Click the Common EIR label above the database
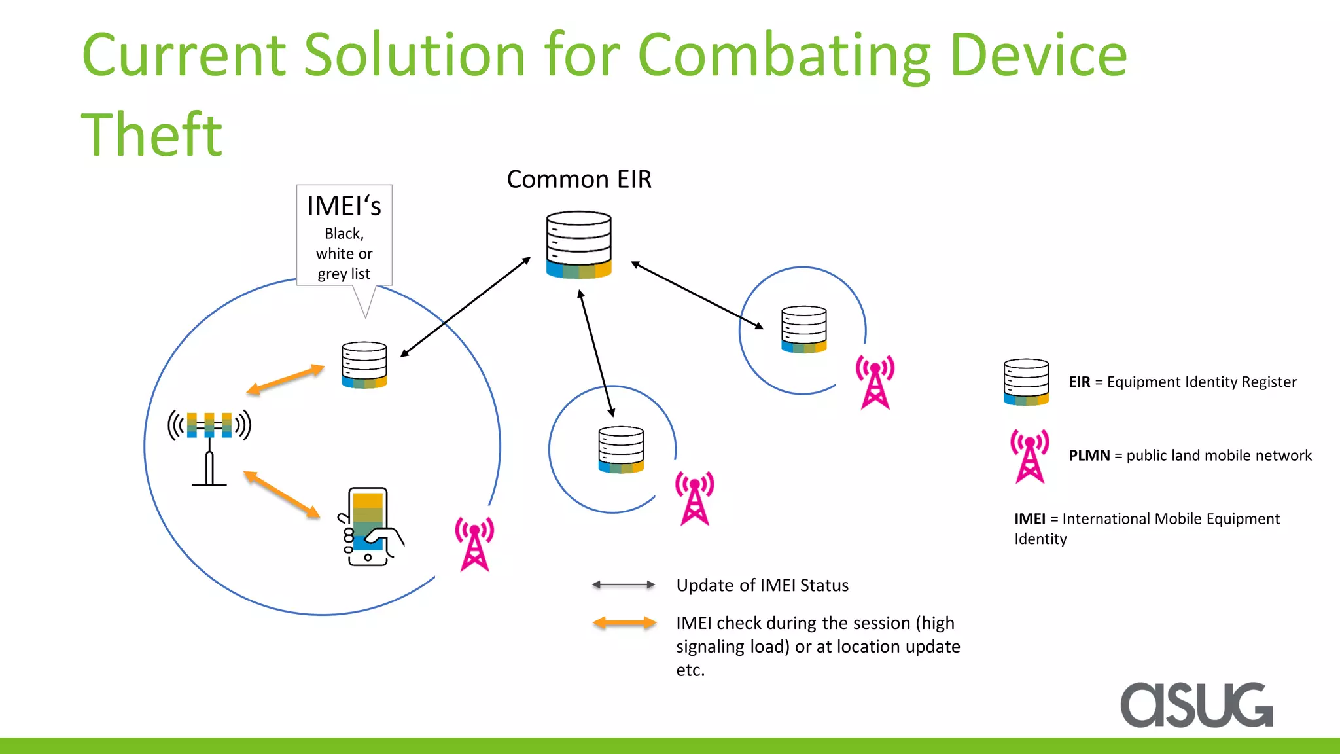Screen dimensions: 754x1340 pyautogui.click(x=579, y=179)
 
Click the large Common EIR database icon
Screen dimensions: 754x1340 pyautogui.click(x=579, y=245)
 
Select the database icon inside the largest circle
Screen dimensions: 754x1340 pyautogui.click(x=364, y=365)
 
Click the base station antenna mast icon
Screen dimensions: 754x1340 pyautogui.click(x=209, y=448)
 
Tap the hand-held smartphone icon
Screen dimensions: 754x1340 pyautogui.click(x=370, y=526)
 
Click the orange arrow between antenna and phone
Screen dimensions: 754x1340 pyautogui.click(x=282, y=494)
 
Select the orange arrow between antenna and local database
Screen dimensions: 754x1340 pyautogui.click(x=285, y=380)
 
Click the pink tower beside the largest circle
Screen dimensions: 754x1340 pyautogui.click(x=475, y=544)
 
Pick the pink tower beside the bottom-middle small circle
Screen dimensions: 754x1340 pyautogui.click(x=695, y=498)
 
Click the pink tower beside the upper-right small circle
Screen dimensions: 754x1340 pyautogui.click(x=875, y=382)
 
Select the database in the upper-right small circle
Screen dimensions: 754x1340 pyautogui.click(x=804, y=329)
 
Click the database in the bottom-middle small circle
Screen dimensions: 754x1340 pyautogui.click(x=621, y=450)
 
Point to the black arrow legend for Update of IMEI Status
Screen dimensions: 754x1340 pyautogui.click(x=624, y=584)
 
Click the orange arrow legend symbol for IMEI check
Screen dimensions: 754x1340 pyautogui.click(x=624, y=623)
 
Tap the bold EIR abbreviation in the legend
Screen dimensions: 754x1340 pyautogui.click(x=1080, y=382)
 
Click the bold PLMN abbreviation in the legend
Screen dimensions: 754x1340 pyautogui.click(x=1089, y=456)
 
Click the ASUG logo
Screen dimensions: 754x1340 pyautogui.click(x=1197, y=705)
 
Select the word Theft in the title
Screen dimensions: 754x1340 pyautogui.click(x=152, y=135)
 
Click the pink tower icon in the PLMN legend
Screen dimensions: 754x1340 pyautogui.click(x=1030, y=456)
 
